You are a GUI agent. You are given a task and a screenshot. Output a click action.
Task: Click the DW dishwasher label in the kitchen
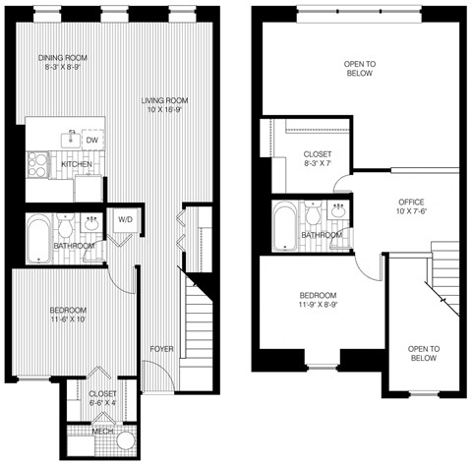pyautogui.click(x=90, y=141)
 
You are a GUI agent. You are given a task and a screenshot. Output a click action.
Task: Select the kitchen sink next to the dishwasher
pyautogui.click(x=71, y=137)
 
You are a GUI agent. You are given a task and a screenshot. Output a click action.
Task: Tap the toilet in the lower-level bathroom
pyautogui.click(x=65, y=224)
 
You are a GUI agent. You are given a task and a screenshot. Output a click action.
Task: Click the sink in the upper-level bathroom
pyautogui.click(x=338, y=210)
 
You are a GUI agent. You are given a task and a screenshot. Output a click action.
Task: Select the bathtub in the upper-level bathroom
pyautogui.click(x=284, y=225)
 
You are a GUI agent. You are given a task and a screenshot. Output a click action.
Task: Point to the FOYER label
pyautogui.click(x=162, y=349)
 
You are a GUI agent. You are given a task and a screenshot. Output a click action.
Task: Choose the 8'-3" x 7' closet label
pyautogui.click(x=317, y=160)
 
